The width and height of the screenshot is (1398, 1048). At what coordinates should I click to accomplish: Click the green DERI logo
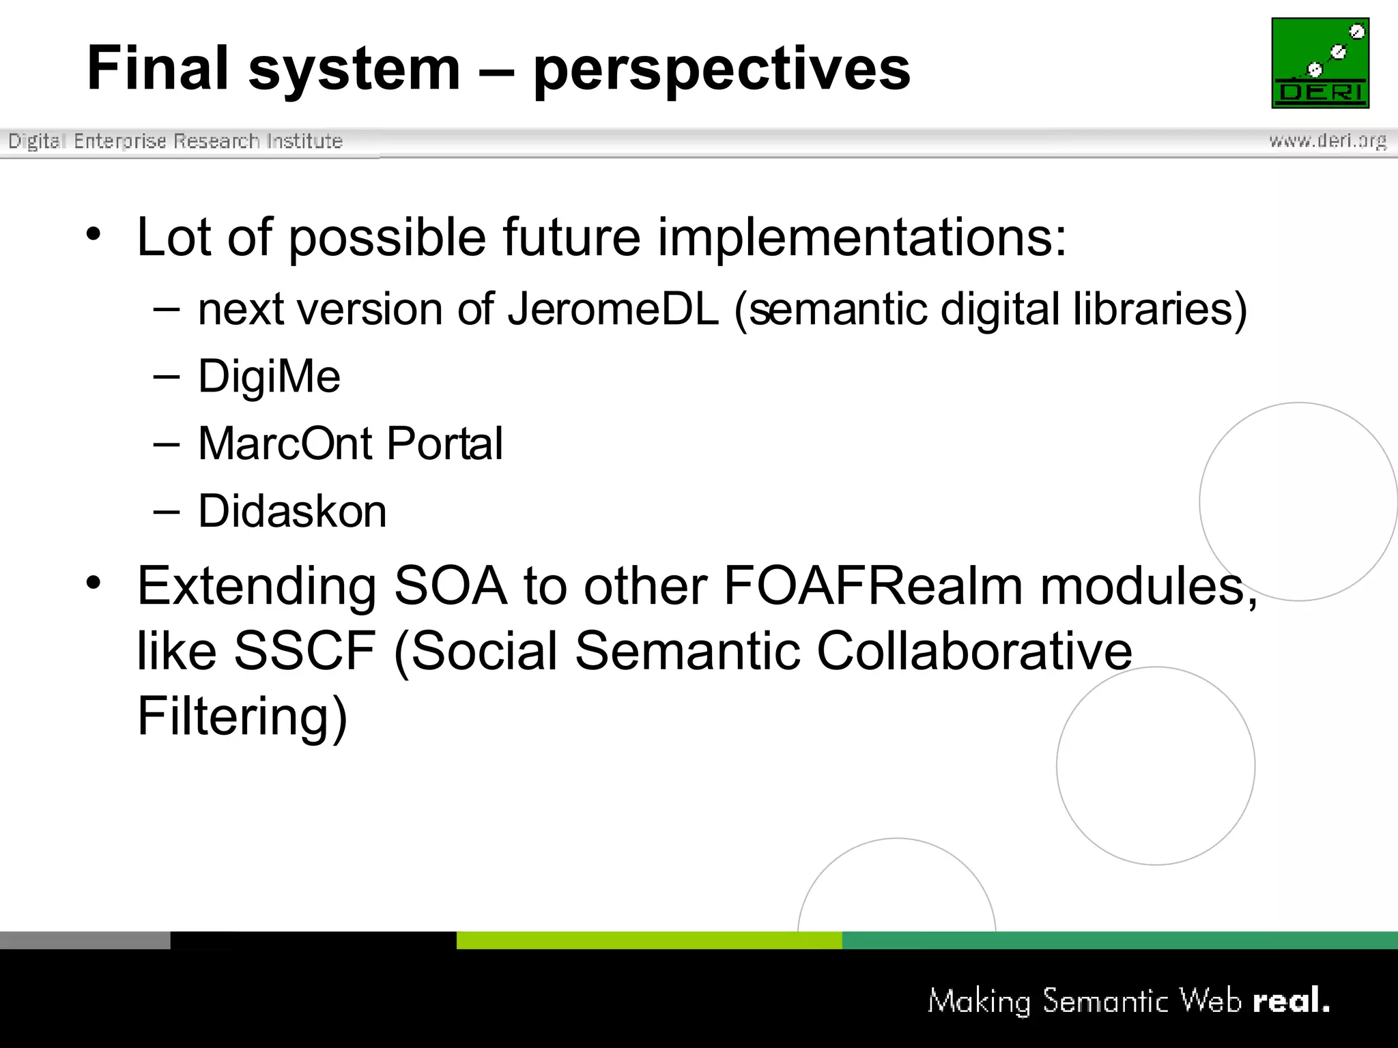(1320, 63)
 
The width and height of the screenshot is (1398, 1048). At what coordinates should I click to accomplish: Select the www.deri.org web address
(1327, 141)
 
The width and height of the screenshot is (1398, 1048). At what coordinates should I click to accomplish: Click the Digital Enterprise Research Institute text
(175, 141)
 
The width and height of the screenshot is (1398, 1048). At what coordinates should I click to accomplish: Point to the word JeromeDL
(612, 309)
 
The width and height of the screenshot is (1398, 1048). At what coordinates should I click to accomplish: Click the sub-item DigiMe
(269, 376)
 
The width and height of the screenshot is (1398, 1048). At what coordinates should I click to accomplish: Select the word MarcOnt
(285, 443)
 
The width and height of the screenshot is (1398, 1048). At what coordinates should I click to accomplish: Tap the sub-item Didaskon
(292, 511)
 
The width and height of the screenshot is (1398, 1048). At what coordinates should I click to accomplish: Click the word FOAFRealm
(873, 586)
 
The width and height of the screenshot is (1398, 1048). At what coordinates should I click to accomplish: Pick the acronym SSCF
(304, 651)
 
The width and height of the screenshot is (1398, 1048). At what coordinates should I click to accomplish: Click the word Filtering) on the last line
(242, 716)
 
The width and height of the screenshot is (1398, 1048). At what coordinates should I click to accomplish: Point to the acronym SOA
(451, 586)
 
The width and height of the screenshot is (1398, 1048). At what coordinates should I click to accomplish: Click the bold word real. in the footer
(1291, 1001)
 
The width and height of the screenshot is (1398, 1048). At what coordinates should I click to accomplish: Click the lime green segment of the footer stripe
(648, 940)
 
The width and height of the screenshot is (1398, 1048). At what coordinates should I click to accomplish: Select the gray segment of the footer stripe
(85, 940)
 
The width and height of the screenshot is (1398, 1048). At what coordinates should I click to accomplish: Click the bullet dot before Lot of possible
(94, 235)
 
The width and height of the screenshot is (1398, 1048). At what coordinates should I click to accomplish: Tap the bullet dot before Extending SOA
(94, 583)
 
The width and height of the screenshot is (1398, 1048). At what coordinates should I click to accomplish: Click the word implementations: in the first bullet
(861, 237)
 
